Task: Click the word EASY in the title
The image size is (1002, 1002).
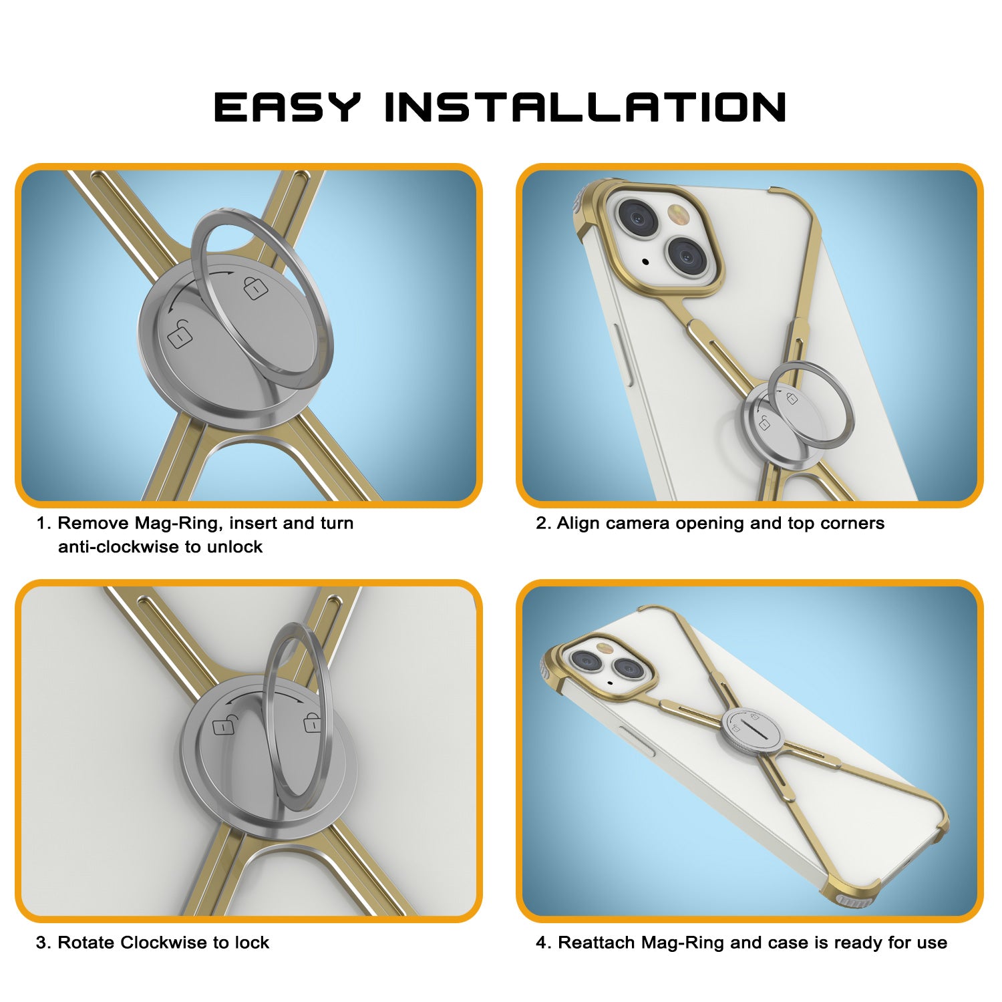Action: pyautogui.click(x=287, y=107)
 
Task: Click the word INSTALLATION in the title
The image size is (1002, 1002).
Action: pyautogui.click(x=586, y=107)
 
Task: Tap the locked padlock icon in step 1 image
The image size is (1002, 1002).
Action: pyautogui.click(x=255, y=287)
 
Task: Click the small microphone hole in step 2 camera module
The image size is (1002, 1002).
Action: pyautogui.click(x=645, y=261)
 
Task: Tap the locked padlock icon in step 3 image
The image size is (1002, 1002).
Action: pyautogui.click(x=312, y=722)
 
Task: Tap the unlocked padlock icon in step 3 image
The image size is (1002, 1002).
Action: pyautogui.click(x=224, y=725)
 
